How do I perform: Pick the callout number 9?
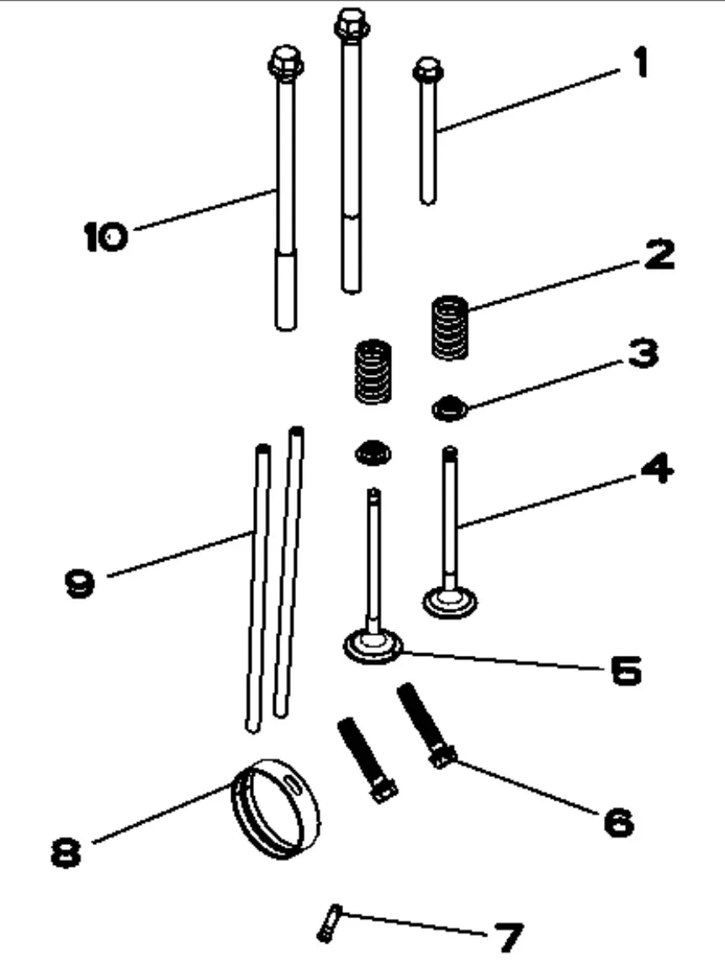[81, 582]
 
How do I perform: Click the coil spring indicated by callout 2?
[450, 326]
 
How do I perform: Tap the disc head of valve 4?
[449, 601]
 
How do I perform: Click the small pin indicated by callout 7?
[327, 921]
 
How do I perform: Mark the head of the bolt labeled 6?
[442, 755]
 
